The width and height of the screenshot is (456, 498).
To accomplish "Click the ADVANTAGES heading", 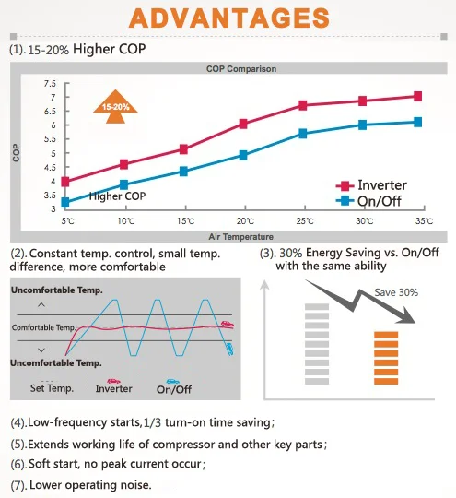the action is point(228,18).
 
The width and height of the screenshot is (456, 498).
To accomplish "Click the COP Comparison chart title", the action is point(241,69).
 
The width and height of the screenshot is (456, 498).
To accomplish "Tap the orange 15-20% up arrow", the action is point(115,106).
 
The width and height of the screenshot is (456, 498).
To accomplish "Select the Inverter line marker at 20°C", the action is point(243,124).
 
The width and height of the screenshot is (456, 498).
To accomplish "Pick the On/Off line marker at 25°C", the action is point(303,134).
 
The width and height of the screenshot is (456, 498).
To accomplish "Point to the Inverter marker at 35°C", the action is point(418,96).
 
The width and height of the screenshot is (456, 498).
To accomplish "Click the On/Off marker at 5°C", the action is point(65,202).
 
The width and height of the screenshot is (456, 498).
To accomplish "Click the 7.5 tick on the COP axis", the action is point(50,84).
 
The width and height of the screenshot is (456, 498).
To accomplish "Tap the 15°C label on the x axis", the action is point(186,220).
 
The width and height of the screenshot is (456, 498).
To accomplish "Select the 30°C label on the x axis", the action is point(364,220).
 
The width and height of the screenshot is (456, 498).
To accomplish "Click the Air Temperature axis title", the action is point(240,237).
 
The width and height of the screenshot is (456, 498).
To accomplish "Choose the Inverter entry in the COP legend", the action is point(371,185).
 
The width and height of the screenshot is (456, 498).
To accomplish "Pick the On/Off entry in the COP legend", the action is point(368,201).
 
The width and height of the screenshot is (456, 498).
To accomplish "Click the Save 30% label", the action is point(396,292).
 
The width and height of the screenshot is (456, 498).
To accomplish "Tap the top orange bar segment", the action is point(386,335).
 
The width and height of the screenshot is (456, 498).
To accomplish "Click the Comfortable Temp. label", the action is point(44,327).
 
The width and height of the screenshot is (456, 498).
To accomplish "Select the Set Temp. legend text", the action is point(52,387).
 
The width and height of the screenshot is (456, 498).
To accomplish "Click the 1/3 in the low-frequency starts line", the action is point(153,423).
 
